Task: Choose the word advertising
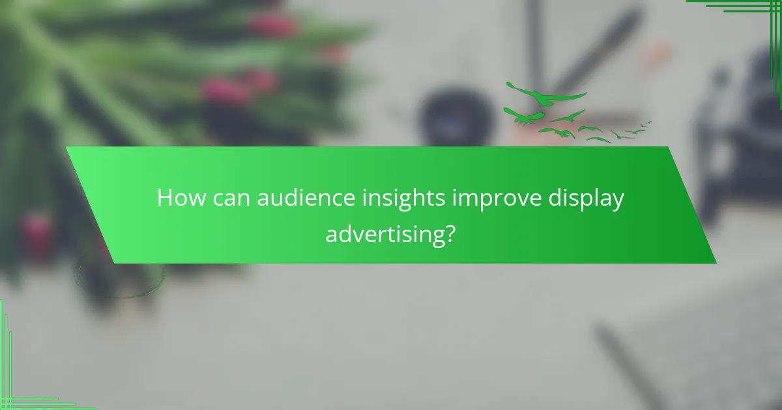tap(381, 233)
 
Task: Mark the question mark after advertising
tap(449, 232)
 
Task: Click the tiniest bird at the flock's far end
tap(648, 122)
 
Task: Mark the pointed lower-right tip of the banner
tap(716, 263)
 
